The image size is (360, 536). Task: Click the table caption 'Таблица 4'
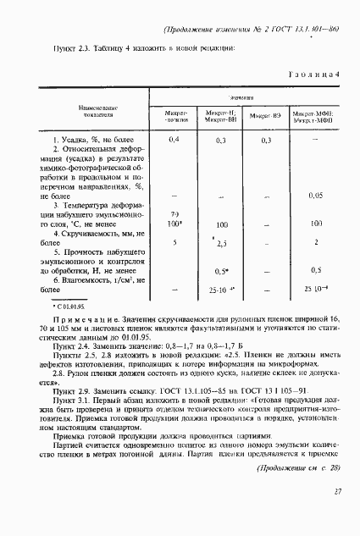[313, 74]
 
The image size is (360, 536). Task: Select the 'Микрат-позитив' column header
[174, 116]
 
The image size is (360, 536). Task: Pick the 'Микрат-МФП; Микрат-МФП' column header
[314, 116]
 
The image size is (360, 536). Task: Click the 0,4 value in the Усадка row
[174, 139]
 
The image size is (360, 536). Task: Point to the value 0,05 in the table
[315, 196]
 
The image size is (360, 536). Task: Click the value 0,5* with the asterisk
[223, 271]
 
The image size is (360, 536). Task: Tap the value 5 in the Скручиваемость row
[174, 243]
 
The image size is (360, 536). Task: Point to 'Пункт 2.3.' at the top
[69, 47]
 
